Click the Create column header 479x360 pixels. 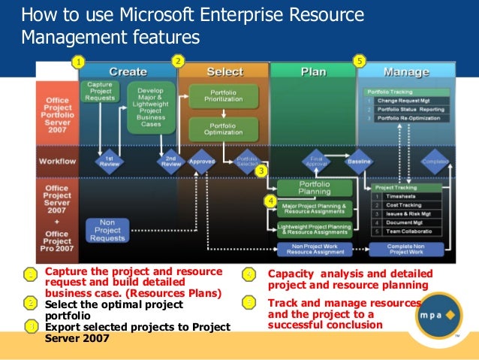[x=128, y=71]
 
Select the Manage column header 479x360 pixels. [x=405, y=72]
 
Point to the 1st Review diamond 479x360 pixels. [x=109, y=160]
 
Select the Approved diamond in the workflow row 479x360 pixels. [x=201, y=160]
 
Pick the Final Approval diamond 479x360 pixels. [x=315, y=160]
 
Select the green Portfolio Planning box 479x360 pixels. [x=314, y=187]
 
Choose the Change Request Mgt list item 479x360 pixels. [x=408, y=100]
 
